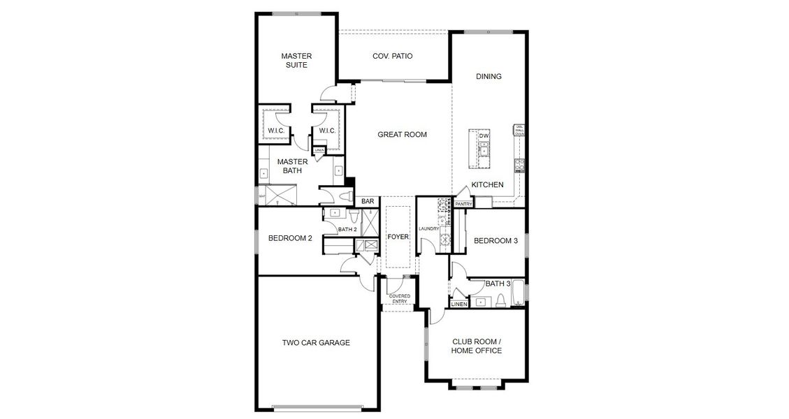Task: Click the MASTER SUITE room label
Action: click(296, 60)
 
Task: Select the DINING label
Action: click(488, 76)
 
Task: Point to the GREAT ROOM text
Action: click(402, 134)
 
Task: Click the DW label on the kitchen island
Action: click(483, 135)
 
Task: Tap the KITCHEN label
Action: click(487, 184)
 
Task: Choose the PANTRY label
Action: click(463, 204)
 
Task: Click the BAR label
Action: click(368, 202)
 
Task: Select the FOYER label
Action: click(398, 237)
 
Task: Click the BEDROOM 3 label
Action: click(495, 241)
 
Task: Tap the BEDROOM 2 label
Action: click(290, 238)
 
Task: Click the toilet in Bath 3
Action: click(500, 301)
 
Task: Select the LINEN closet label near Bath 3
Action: click(459, 304)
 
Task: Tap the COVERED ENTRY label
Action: click(400, 299)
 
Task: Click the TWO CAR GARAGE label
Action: click(316, 343)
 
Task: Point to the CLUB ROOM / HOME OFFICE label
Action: click(477, 346)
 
